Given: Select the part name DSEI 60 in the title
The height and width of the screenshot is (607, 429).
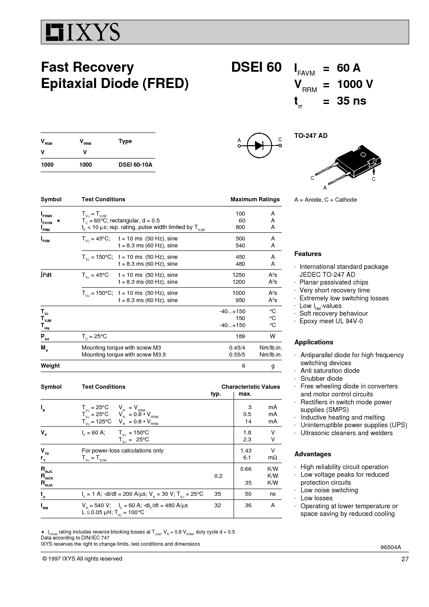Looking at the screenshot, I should [256, 67].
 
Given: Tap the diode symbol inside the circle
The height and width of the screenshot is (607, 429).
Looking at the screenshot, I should [259, 146].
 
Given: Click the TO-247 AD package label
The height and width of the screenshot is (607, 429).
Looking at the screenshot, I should [311, 136].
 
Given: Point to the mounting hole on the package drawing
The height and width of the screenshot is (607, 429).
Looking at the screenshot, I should [363, 155].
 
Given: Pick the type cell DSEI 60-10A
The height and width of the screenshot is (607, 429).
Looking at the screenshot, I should [135, 165].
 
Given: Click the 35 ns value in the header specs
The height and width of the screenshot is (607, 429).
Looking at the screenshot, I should [352, 101].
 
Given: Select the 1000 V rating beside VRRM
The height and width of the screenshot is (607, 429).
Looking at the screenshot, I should [355, 84].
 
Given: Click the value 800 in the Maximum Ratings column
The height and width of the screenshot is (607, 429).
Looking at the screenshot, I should [240, 227].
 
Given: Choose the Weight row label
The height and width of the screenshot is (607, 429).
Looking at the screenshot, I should [50, 366].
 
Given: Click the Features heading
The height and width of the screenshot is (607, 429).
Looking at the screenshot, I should [308, 254].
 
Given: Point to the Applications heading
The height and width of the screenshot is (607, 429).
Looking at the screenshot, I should [313, 342].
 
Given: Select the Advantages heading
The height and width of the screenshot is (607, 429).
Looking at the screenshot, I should [312, 454].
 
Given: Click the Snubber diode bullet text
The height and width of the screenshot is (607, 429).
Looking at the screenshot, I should [321, 379].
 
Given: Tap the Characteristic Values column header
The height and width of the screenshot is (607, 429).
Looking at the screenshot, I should [250, 387].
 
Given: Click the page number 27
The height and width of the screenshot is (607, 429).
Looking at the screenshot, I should [405, 559].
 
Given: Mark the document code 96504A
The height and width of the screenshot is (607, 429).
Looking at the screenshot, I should [391, 547].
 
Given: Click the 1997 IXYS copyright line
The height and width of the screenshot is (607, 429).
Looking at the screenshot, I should [82, 558].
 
